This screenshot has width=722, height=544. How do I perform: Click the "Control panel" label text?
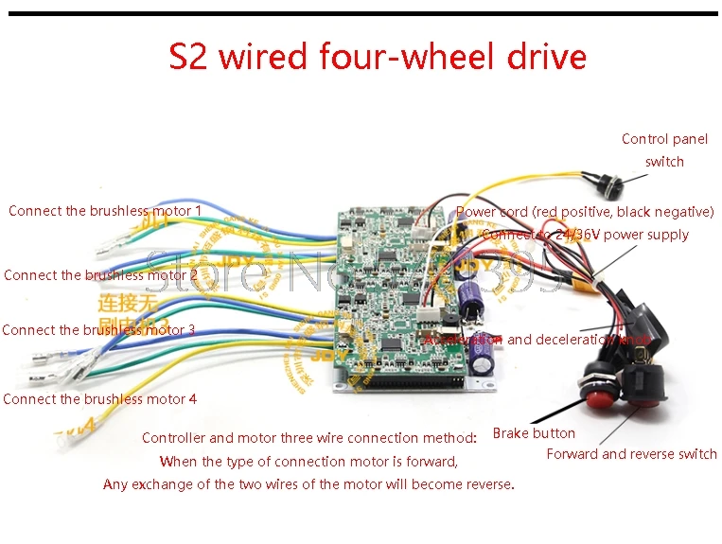pyautogui.click(x=664, y=139)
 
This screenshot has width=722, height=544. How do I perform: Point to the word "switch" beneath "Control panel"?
pyautogui.click(x=664, y=162)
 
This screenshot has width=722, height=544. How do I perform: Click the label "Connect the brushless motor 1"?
pyautogui.click(x=104, y=211)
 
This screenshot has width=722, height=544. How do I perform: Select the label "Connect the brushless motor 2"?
pyautogui.click(x=100, y=275)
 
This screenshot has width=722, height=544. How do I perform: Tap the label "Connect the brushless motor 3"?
pyautogui.click(x=98, y=330)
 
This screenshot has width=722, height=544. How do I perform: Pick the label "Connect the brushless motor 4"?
pyautogui.click(x=99, y=399)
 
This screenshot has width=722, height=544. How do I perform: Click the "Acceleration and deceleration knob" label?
pyautogui.click(x=537, y=340)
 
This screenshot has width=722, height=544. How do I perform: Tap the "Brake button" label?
pyautogui.click(x=534, y=433)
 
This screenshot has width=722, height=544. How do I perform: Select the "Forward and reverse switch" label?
pyautogui.click(x=631, y=454)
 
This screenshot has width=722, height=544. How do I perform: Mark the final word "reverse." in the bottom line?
pyautogui.click(x=489, y=484)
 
